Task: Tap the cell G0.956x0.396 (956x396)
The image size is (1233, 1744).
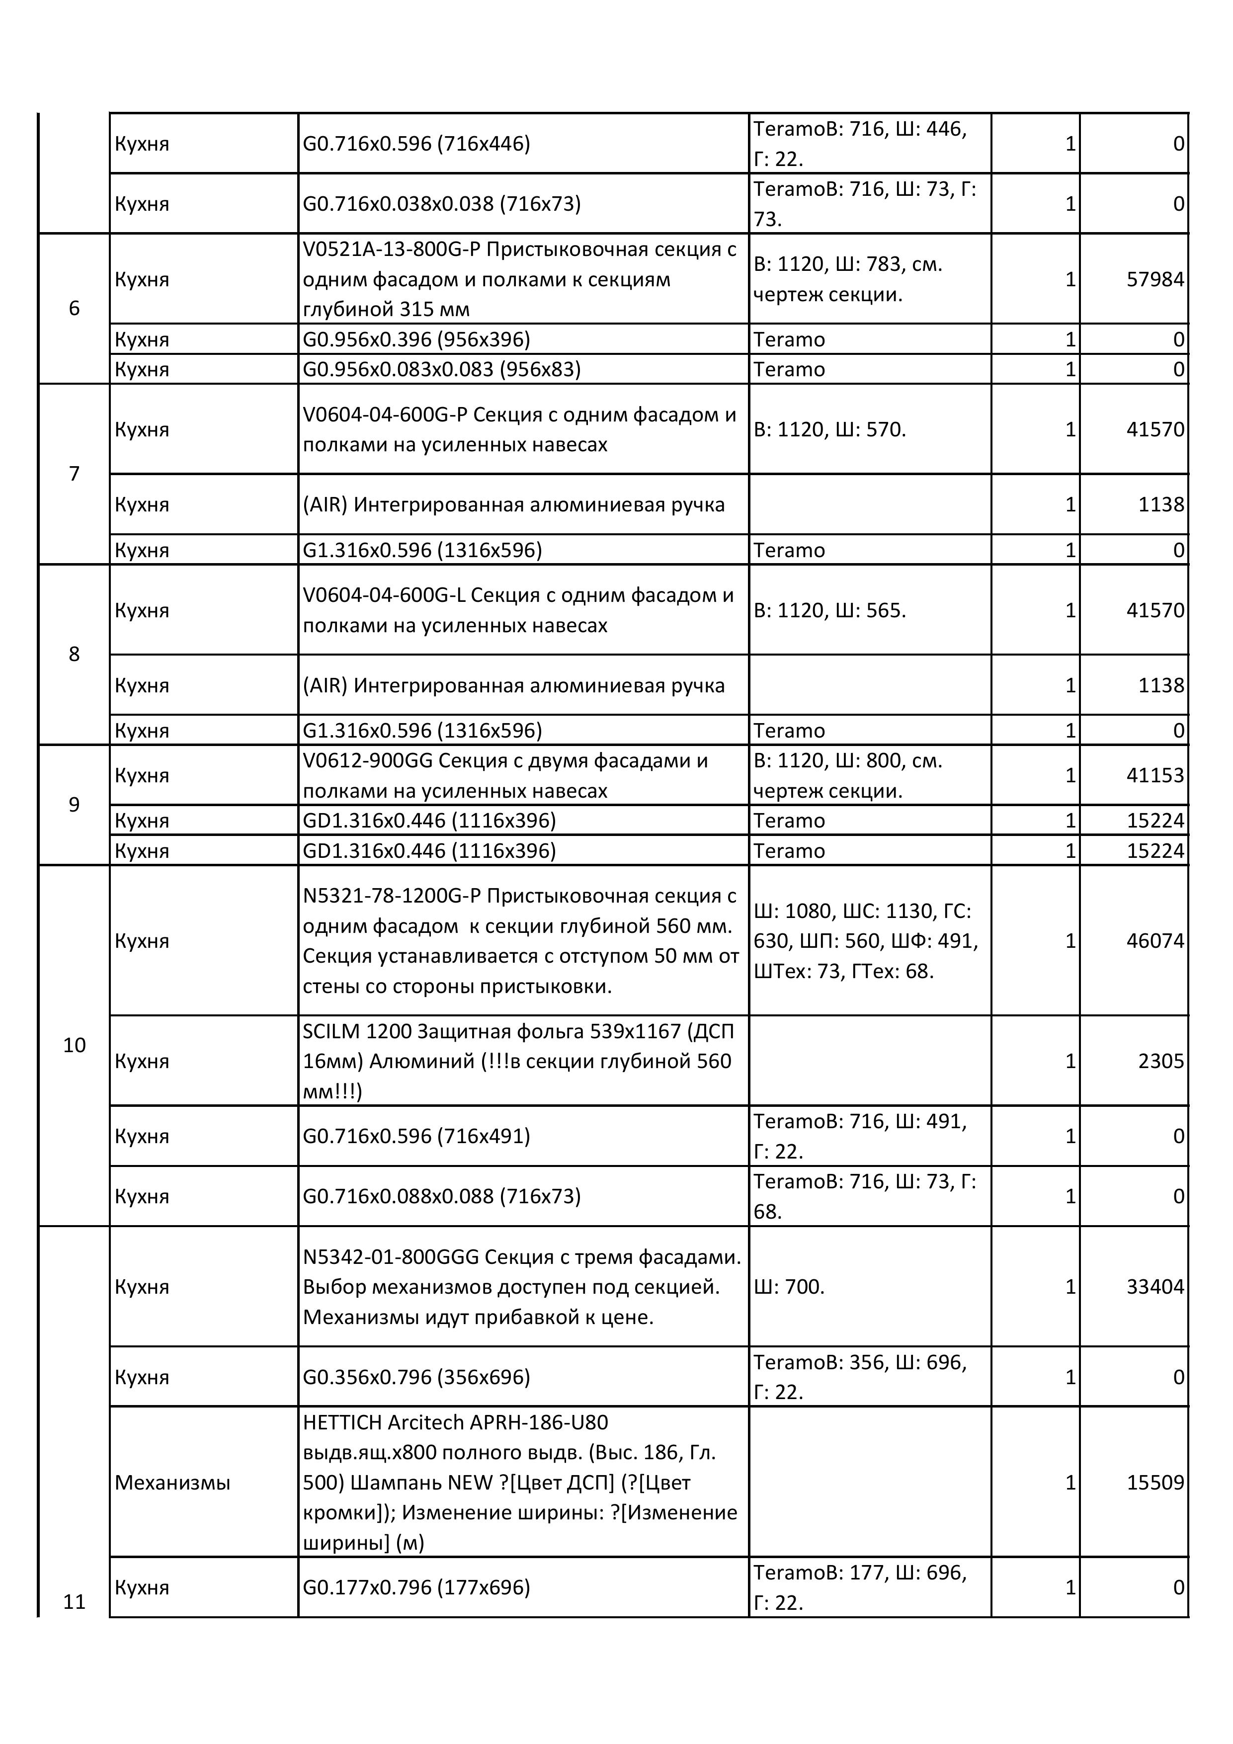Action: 416,339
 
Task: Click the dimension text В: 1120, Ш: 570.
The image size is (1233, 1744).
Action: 829,430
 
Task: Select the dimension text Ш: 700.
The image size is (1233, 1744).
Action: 789,1287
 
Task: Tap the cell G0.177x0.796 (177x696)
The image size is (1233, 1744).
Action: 416,1587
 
